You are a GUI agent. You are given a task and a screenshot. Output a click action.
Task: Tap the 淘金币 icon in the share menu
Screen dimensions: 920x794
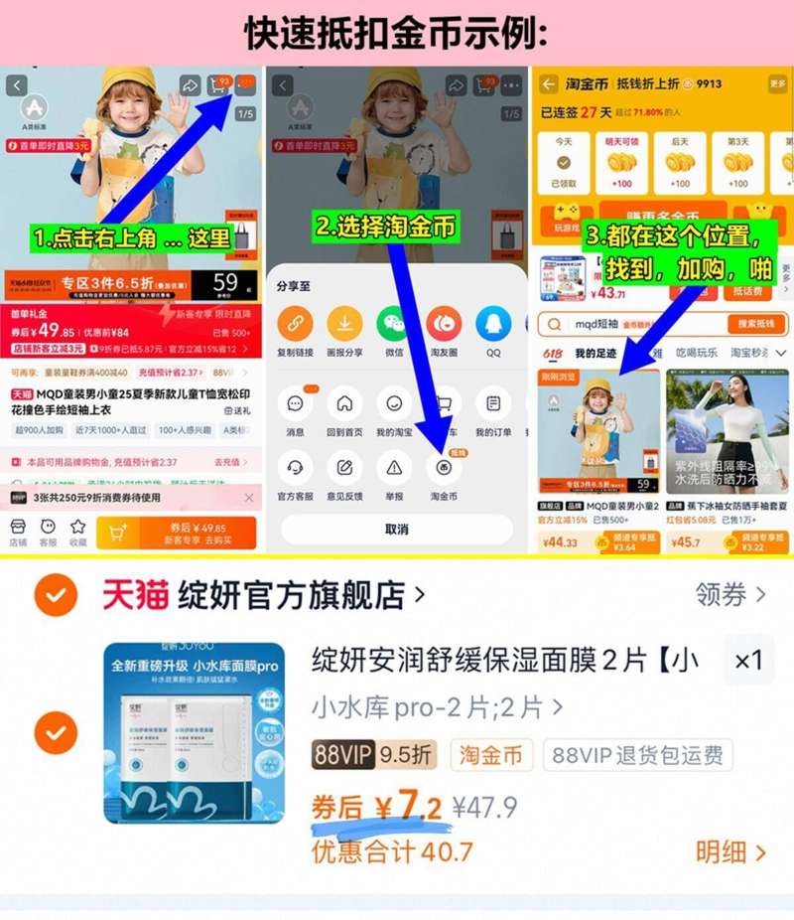444,468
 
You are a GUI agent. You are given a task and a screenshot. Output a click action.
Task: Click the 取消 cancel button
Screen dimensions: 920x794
396,530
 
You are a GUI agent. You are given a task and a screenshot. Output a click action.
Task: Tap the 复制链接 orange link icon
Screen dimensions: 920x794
295,324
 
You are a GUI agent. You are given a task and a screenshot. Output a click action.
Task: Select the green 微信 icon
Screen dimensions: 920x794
393,324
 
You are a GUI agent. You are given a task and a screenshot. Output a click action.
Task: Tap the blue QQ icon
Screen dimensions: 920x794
493,324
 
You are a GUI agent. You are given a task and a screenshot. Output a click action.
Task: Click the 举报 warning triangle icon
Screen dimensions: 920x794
394,468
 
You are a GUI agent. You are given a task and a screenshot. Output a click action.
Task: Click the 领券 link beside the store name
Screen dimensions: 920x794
730,595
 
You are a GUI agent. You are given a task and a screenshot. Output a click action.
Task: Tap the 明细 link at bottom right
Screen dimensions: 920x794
730,851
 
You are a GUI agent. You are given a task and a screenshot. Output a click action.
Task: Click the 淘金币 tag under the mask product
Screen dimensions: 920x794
491,755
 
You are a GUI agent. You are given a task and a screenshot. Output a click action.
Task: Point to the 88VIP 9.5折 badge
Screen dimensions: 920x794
373,755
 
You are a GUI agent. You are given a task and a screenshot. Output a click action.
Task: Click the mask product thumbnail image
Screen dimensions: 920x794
194,733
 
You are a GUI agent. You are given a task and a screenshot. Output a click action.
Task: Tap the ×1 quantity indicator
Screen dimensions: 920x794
748,661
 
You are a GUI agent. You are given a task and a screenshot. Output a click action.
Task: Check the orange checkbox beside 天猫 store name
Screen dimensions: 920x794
57,596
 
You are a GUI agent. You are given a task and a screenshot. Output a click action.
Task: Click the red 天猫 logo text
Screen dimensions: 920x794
135,595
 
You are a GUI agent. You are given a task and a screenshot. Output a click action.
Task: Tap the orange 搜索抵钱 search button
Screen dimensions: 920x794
756,324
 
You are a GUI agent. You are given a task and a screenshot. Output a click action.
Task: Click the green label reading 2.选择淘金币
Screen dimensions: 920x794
386,227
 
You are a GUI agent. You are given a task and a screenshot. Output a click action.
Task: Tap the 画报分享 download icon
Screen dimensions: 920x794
344,324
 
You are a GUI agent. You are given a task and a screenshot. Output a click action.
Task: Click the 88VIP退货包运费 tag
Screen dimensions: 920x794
637,755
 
